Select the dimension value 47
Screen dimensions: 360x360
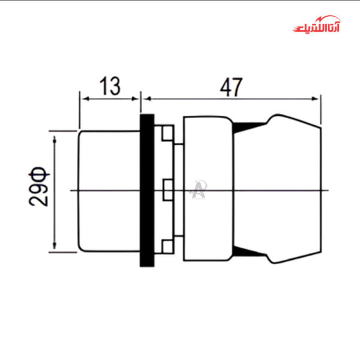coord(230,87)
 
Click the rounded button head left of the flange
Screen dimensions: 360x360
coord(109,190)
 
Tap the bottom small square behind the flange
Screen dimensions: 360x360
coord(167,247)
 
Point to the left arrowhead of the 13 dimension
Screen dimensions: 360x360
coord(83,98)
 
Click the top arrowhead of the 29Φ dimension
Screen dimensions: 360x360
coord(55,139)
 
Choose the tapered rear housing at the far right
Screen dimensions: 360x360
coord(294,190)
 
